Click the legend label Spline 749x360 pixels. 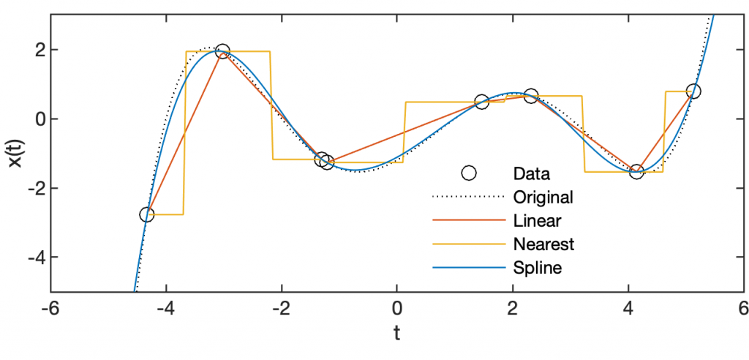538,268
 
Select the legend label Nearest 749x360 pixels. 543,244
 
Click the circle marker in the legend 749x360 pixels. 469,173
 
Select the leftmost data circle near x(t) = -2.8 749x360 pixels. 147,214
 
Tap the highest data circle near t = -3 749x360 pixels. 223,51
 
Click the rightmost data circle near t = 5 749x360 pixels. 693,91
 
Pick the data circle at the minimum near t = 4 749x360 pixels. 636,171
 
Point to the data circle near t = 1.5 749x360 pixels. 481,102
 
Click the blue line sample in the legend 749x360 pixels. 469,268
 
